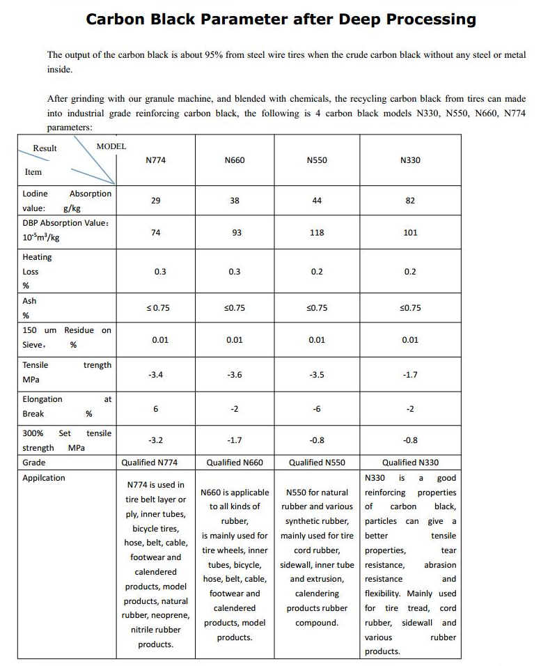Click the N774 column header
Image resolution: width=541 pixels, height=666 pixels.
point(156,160)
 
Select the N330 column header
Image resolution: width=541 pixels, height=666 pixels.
point(410,160)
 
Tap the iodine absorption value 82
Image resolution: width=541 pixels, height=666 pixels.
point(410,200)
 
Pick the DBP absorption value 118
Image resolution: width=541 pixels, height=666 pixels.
point(317,233)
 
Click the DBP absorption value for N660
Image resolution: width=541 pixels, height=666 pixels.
point(237,233)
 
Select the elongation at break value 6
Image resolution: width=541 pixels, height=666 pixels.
point(156,409)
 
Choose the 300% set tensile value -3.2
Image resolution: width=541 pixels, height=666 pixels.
point(156,440)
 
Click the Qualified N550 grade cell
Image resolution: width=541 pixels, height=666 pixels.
point(317,463)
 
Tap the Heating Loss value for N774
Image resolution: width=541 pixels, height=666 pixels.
point(160,272)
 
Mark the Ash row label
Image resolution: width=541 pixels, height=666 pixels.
point(29,301)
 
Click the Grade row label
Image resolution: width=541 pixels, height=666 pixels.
point(34,463)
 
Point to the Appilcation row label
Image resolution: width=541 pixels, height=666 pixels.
point(44,478)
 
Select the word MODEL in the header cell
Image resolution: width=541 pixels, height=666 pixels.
point(111,146)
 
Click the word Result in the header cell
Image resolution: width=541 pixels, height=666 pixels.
point(45,148)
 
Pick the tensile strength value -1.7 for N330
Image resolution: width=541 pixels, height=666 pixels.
point(410,375)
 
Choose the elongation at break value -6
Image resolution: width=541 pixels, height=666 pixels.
point(317,409)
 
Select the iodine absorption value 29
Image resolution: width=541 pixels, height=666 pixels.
point(156,200)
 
